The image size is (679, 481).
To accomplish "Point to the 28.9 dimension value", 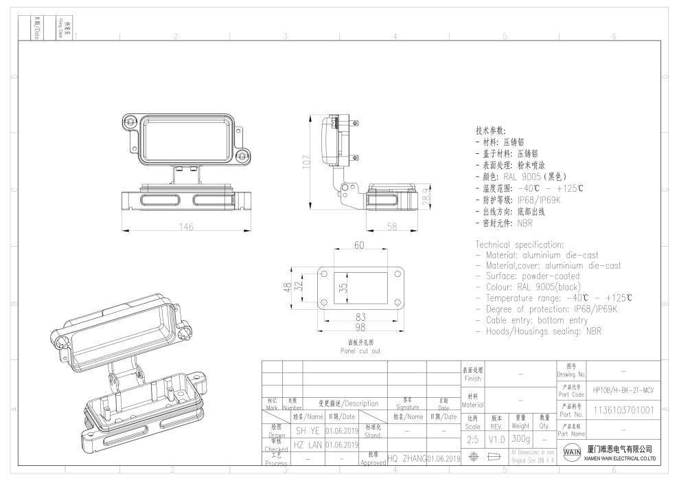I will click(425, 199).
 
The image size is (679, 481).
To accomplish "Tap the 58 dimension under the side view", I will click(393, 227).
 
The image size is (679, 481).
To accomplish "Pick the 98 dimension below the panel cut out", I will click(359, 327).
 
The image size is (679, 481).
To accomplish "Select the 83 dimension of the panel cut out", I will click(359, 317).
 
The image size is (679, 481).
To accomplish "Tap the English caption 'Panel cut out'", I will click(360, 350).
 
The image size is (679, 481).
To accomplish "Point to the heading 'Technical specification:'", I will click(520, 245).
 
